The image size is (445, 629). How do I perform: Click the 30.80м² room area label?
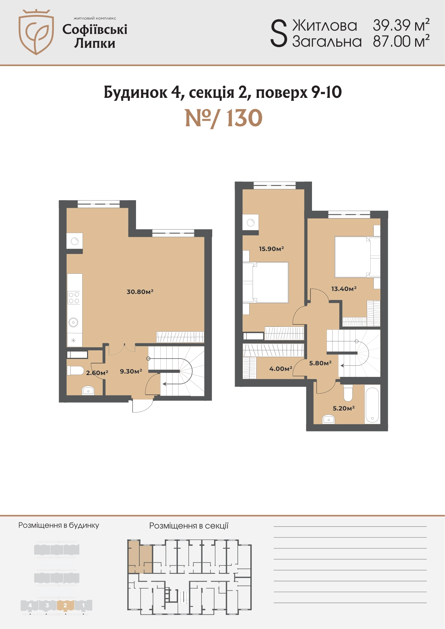140,291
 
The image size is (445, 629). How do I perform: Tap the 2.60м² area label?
97,373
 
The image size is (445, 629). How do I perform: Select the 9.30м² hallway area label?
131,371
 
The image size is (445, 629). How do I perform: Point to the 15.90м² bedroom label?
271,248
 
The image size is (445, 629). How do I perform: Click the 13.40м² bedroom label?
344,288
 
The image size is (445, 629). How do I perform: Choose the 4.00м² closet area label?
281,368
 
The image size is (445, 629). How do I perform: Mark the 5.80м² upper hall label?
320,363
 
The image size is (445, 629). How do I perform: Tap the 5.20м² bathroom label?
344,408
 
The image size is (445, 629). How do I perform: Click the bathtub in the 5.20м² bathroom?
372,404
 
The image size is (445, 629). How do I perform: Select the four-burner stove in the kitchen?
74,298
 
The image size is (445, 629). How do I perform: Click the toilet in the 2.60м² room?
75,371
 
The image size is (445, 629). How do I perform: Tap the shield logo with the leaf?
36,32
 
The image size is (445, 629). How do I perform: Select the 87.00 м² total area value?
401,41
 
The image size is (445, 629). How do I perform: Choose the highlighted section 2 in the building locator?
65,605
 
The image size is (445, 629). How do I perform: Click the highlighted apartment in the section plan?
140,557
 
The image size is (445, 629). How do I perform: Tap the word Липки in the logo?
95,43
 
